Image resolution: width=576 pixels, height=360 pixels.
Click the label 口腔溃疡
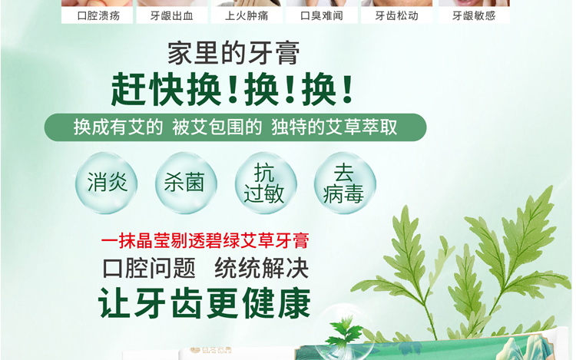pyautogui.click(x=98, y=16)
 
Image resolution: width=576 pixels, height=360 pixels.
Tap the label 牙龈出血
pyautogui.click(x=171, y=16)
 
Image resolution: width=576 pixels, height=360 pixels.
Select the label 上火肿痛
pyautogui.click(x=247, y=16)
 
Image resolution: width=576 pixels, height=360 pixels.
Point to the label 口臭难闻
pyautogui.click(x=322, y=16)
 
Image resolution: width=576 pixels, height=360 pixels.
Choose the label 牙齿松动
pyautogui.click(x=397, y=16)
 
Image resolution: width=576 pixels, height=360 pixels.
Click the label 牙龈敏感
pyautogui.click(x=474, y=16)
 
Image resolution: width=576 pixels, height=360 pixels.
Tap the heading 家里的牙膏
pyautogui.click(x=233, y=53)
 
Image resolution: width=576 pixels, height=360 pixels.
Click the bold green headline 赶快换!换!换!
pyautogui.click(x=232, y=89)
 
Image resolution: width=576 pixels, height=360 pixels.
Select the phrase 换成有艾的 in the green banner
pyautogui.click(x=118, y=127)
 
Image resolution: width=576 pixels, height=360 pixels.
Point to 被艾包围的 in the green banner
pyautogui.click(x=217, y=127)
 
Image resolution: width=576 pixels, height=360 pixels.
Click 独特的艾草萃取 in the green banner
pyautogui.click(x=334, y=127)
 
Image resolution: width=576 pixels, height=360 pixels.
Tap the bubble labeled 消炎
pyautogui.click(x=107, y=183)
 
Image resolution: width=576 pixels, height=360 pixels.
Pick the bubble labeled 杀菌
pyautogui.click(x=186, y=183)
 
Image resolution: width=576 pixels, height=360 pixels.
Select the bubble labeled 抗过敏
pyautogui.click(x=266, y=183)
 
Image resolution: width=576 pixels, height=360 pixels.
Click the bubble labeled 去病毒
pyautogui.click(x=345, y=183)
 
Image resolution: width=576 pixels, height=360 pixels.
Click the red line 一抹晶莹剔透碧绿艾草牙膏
pyautogui.click(x=205, y=241)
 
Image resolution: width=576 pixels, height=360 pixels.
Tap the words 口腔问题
pyautogui.click(x=149, y=268)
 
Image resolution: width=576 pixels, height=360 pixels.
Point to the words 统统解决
pyautogui.click(x=262, y=268)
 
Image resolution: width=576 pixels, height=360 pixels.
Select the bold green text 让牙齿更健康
pyautogui.click(x=204, y=303)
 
